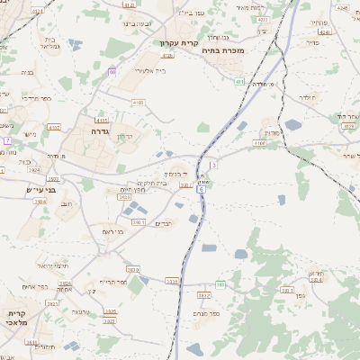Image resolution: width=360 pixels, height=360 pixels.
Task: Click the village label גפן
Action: pos(312,274)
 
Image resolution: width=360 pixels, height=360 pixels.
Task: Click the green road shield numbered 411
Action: pos(239,82)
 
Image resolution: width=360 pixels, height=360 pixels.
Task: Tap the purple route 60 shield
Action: pos(112,71)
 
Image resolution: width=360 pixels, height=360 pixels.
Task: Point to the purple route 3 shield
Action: pos(213,165)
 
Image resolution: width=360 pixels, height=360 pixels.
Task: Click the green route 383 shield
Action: pos(220,284)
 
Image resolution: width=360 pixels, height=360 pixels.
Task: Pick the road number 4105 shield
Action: pos(101,119)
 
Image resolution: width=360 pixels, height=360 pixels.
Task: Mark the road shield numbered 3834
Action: pos(171,281)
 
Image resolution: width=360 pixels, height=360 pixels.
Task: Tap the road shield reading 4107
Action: pos(54,128)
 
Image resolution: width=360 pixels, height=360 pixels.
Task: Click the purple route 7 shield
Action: pos(7,140)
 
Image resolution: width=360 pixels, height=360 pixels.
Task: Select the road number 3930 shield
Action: pos(132,269)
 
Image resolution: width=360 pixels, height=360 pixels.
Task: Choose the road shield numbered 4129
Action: pos(347,126)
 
